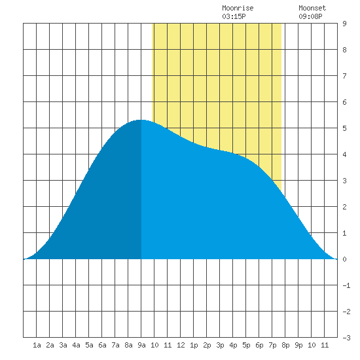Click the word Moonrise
pos(238,8)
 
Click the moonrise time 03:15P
pos(234,16)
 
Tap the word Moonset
pos(312,8)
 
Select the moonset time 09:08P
pos(310,16)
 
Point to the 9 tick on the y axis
pos(344,24)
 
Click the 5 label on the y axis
pos(344,128)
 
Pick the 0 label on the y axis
pos(344,259)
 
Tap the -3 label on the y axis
pos(346,338)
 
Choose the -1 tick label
pos(346,285)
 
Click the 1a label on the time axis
pos(37,345)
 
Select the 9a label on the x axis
pos(141,345)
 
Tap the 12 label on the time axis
pos(181,345)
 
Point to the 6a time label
pos(102,345)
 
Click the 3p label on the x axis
pos(220,345)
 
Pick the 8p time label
pos(285,345)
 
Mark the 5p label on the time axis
pos(246,345)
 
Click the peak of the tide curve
pos(141,120)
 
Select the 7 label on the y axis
pos(344,76)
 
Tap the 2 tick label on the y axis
pos(344,207)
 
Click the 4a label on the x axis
pos(76,345)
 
